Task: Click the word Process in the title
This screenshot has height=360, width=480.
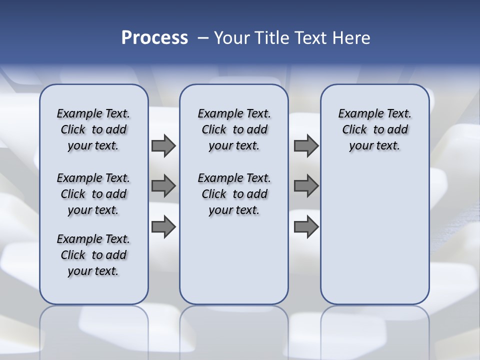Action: click(x=154, y=37)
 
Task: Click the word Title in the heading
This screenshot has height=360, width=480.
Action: click(x=271, y=37)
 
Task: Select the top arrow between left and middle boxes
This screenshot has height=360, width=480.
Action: click(x=163, y=145)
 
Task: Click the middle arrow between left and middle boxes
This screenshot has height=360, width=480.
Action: click(x=163, y=186)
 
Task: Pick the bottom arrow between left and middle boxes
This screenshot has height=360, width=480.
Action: click(x=163, y=227)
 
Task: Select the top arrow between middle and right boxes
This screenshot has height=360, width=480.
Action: click(x=306, y=145)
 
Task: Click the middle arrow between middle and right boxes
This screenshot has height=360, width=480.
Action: click(x=306, y=186)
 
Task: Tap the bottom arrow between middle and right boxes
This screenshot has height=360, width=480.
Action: click(x=306, y=227)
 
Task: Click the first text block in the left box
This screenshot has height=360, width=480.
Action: click(x=93, y=129)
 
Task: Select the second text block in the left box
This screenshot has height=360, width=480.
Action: click(x=93, y=194)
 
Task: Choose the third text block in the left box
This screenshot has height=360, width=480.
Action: click(x=93, y=255)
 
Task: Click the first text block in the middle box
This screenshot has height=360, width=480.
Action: click(x=234, y=129)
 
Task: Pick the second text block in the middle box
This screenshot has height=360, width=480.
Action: click(x=234, y=194)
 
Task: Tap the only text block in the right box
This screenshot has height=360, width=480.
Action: click(x=374, y=129)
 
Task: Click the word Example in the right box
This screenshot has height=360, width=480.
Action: click(x=357, y=114)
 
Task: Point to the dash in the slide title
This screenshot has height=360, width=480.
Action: click(x=203, y=38)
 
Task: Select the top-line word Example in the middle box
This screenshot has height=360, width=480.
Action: click(x=216, y=114)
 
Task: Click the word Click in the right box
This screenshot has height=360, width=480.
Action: click(x=354, y=130)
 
